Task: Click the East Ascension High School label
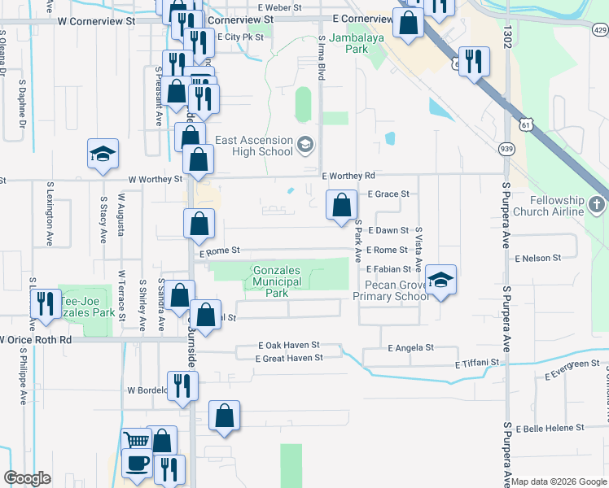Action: tap(253, 146)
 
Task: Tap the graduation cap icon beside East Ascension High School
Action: tap(304, 146)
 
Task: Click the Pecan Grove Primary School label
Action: tap(391, 290)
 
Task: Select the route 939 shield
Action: tap(506, 148)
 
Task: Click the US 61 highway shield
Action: tap(525, 122)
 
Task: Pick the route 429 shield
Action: tap(599, 30)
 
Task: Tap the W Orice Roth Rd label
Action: tap(37, 339)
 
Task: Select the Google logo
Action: tap(27, 478)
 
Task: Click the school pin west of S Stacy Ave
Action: tap(103, 155)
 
